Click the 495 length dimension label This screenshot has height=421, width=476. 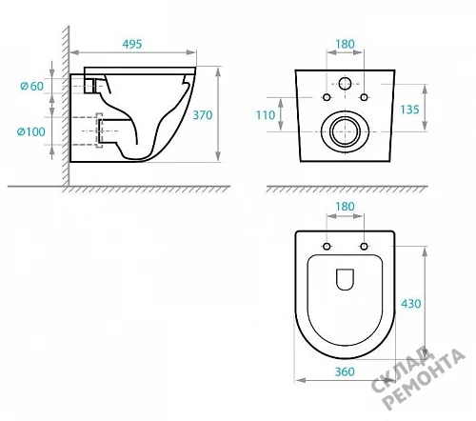pyautogui.click(x=132, y=44)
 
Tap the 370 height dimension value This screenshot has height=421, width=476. pyautogui.click(x=203, y=115)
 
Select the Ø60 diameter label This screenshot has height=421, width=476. pyautogui.click(x=31, y=86)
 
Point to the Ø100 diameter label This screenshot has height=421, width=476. pyautogui.click(x=31, y=131)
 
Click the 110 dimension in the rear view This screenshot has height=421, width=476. pyautogui.click(x=266, y=115)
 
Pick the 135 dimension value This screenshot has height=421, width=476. pyautogui.click(x=409, y=110)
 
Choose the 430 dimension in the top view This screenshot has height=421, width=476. pyautogui.click(x=411, y=304)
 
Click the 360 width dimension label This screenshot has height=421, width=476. pyautogui.click(x=345, y=371)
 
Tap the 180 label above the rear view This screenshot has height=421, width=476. pyautogui.click(x=345, y=44)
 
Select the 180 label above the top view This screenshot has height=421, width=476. pyautogui.click(x=345, y=207)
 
